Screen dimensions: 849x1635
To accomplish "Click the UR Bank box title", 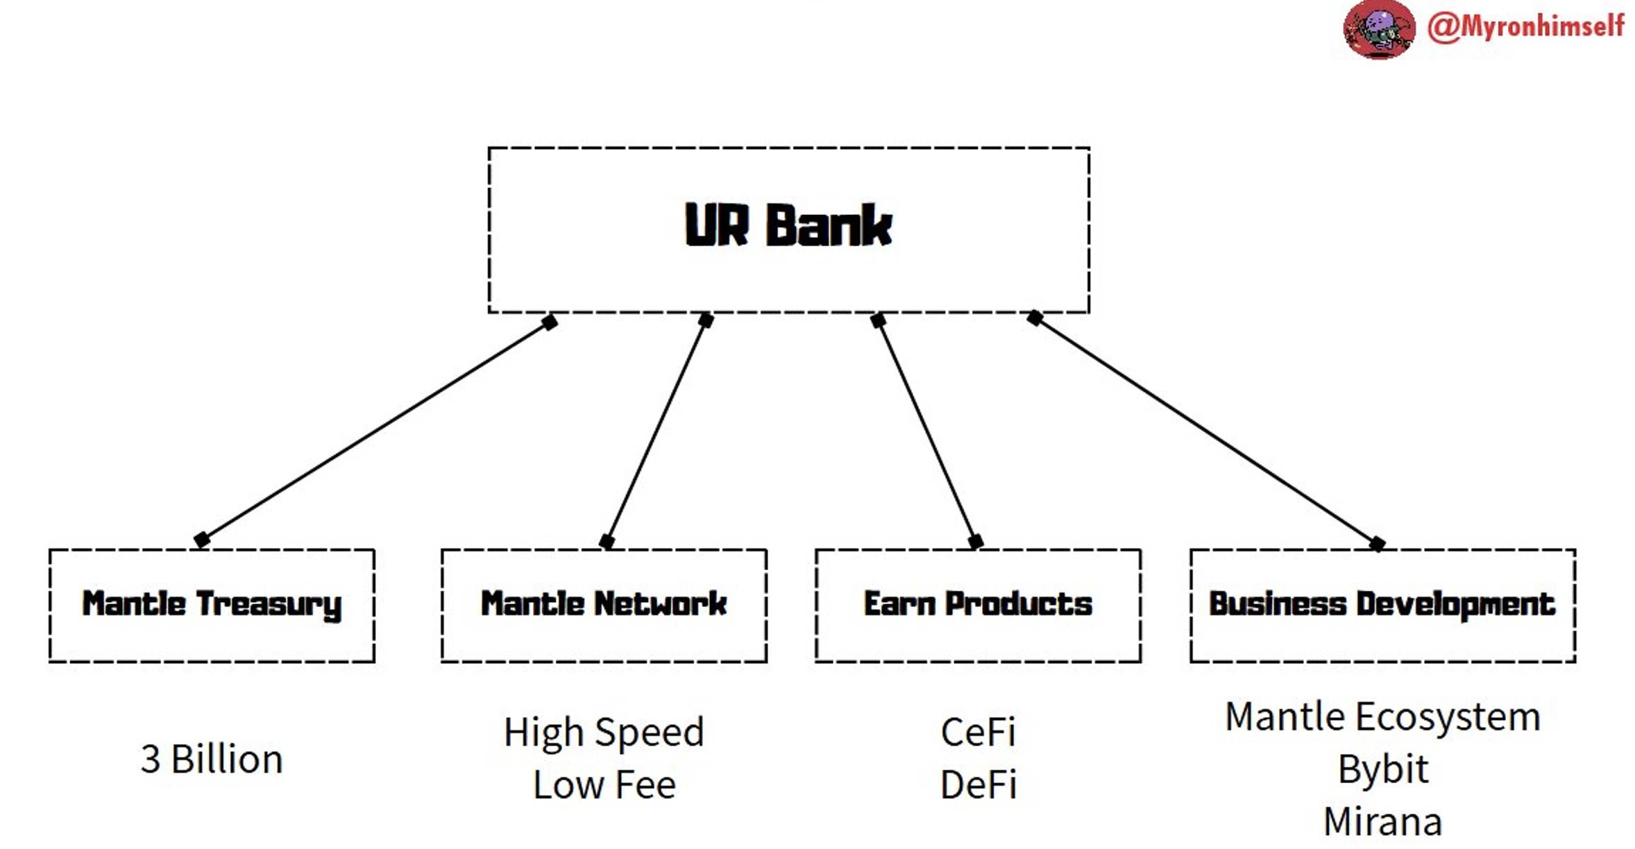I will pos(788,225).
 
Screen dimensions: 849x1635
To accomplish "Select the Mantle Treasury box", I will pos(212,605).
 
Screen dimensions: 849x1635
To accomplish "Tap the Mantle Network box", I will pos(604,605).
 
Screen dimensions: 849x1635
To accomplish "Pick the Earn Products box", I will pos(977,605).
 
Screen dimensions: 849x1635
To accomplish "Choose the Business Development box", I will pos(1382,605).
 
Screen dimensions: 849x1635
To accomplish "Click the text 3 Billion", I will pos(212,759).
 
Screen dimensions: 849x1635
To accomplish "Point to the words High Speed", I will pos(604,732).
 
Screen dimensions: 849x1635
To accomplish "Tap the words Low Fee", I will pos(604,785).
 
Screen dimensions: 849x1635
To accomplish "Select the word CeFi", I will pos(978,732).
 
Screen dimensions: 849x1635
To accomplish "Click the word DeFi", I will pos(978,785).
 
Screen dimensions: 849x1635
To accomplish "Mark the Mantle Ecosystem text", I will pos(1382,717).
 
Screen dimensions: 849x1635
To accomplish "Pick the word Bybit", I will pos(1382,769).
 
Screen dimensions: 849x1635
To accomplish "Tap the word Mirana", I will pos(1382,822).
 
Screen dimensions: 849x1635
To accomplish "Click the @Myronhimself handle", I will pos(1525,26).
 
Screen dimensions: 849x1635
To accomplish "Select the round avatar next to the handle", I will pos(1378,29).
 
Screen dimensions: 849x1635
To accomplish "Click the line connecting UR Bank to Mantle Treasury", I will pos(375,431).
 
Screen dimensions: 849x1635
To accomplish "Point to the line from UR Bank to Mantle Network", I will pos(656,431).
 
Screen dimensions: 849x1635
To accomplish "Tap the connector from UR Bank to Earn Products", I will pos(926,431).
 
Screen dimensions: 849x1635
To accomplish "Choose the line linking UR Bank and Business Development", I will pos(1205,431).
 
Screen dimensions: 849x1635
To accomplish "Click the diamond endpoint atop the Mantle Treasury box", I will pos(202,540).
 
